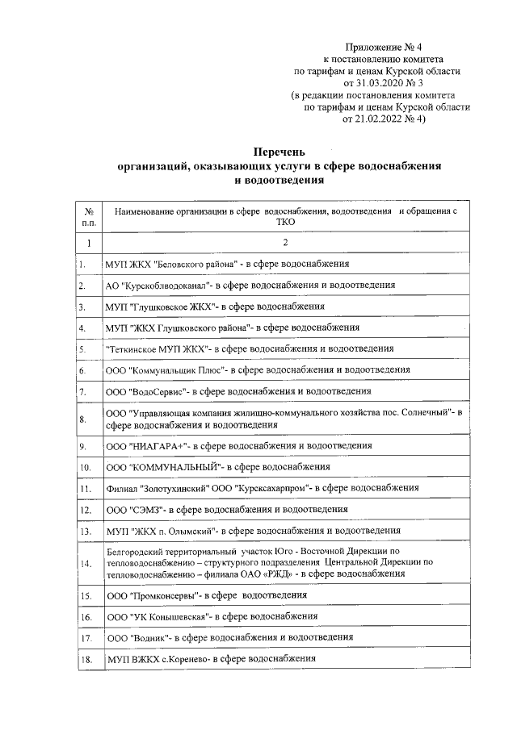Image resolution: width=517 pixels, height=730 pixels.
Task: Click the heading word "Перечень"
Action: tap(280, 151)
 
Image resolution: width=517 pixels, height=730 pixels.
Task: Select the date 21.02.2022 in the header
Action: tap(371, 119)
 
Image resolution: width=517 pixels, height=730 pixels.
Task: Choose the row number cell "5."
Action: tap(83, 348)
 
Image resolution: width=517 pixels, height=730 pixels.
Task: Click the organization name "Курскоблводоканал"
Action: tap(169, 285)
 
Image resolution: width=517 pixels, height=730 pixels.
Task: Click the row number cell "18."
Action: tap(85, 659)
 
